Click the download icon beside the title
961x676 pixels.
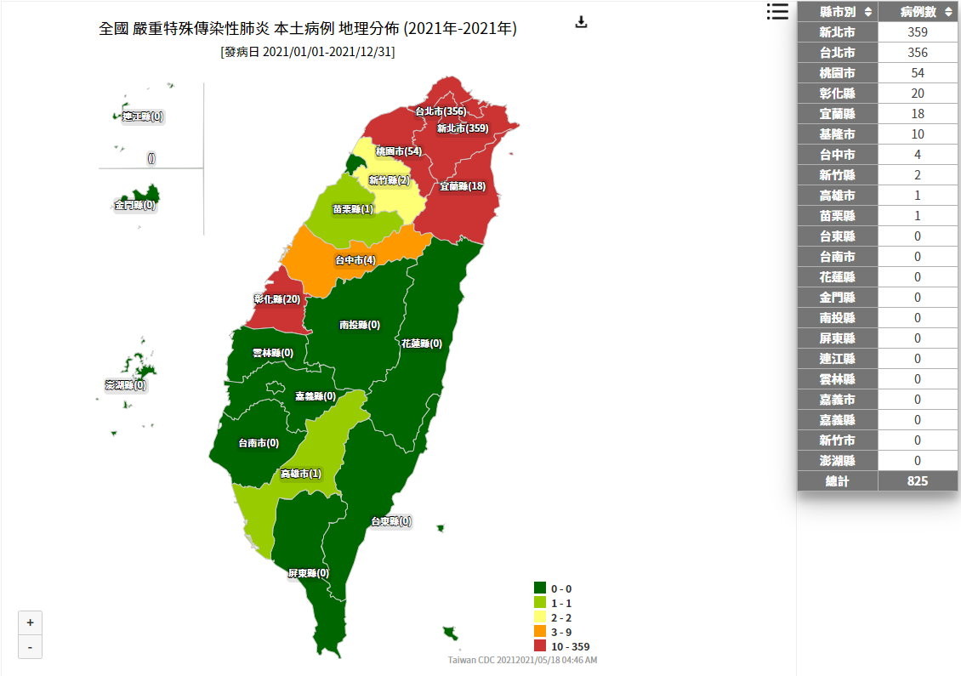(582, 22)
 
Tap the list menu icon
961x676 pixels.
(777, 11)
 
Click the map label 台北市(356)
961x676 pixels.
(440, 111)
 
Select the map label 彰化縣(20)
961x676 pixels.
(277, 299)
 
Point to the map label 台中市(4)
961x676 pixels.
(355, 260)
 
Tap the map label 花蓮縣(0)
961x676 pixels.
(421, 344)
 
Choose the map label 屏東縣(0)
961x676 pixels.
(308, 573)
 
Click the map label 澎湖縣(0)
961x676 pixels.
(125, 385)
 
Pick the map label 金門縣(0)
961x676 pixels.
(135, 205)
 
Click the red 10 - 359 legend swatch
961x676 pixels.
(540, 645)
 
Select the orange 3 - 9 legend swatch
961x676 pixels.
(540, 631)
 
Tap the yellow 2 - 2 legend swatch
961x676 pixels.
(540, 616)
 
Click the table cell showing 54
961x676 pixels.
(918, 73)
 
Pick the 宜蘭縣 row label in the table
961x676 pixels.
(838, 114)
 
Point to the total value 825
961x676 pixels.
(918, 481)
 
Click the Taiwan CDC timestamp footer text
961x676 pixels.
(522, 660)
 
